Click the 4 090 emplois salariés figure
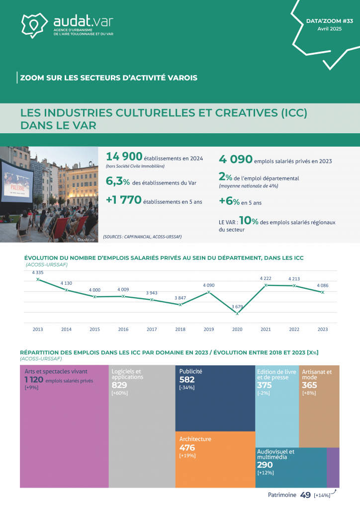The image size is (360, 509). [x=235, y=159]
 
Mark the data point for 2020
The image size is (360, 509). [x=238, y=314]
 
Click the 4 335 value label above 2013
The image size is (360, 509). [x=38, y=272]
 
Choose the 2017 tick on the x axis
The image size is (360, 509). [x=152, y=329]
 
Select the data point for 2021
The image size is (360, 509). [x=267, y=285]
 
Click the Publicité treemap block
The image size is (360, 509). [x=215, y=398]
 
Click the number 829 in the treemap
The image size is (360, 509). [x=119, y=385]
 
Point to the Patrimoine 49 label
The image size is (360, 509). [x=289, y=495]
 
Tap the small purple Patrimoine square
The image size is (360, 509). [x=333, y=467]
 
